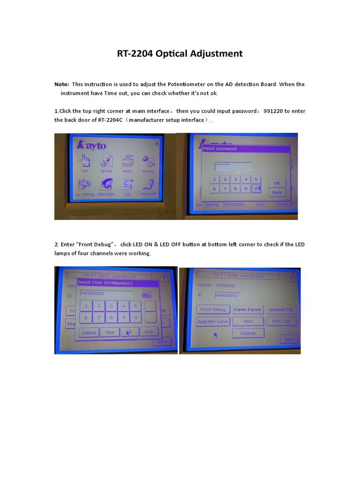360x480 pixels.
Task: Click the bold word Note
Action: tap(61, 84)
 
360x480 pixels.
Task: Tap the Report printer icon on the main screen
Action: tap(127, 162)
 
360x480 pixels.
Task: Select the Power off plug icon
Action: tap(148, 185)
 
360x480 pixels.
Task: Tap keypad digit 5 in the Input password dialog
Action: tap(255, 180)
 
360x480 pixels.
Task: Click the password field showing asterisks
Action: tap(232, 166)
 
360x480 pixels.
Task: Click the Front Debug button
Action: tap(213, 310)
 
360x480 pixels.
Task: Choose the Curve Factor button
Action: tap(247, 310)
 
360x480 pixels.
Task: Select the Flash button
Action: tap(248, 322)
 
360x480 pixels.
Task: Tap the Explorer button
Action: tap(248, 333)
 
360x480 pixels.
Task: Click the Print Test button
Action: tap(281, 322)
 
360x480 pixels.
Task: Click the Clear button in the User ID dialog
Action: tap(110, 332)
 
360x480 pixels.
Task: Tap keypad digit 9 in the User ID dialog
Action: tap(123, 318)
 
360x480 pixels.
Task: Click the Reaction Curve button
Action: tap(213, 322)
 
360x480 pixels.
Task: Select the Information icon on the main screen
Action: tap(106, 185)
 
